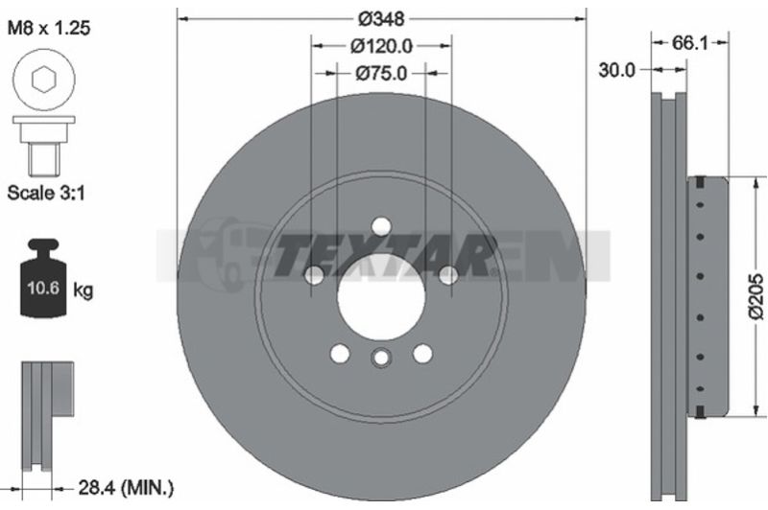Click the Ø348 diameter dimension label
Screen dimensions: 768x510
click(x=381, y=19)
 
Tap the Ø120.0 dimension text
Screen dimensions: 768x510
click(x=381, y=46)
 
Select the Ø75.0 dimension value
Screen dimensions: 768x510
click(x=381, y=74)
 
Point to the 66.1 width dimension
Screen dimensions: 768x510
click(x=689, y=43)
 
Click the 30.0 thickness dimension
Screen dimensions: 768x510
click(x=616, y=70)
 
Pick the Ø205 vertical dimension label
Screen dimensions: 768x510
click(x=756, y=297)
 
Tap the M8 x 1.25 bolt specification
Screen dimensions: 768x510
click(x=49, y=28)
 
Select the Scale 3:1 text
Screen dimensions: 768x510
click(x=46, y=193)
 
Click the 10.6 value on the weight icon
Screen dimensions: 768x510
click(x=43, y=288)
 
